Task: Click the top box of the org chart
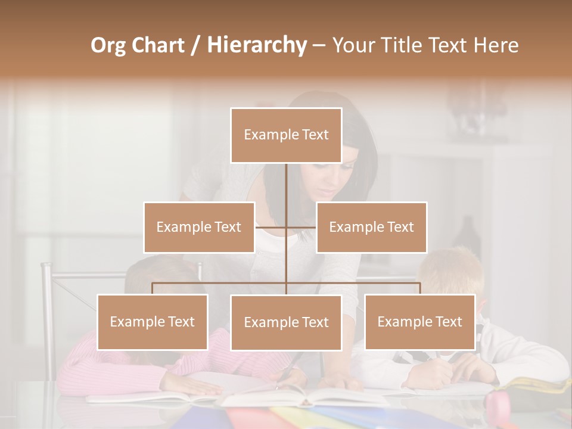(286, 135)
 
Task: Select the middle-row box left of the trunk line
(199, 227)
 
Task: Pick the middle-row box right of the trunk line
(371, 227)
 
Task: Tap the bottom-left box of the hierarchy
(153, 322)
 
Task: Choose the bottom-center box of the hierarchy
(286, 322)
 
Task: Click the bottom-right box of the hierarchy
(419, 322)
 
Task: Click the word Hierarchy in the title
(257, 45)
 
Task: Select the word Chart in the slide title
(160, 45)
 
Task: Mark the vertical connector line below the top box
(286, 185)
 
